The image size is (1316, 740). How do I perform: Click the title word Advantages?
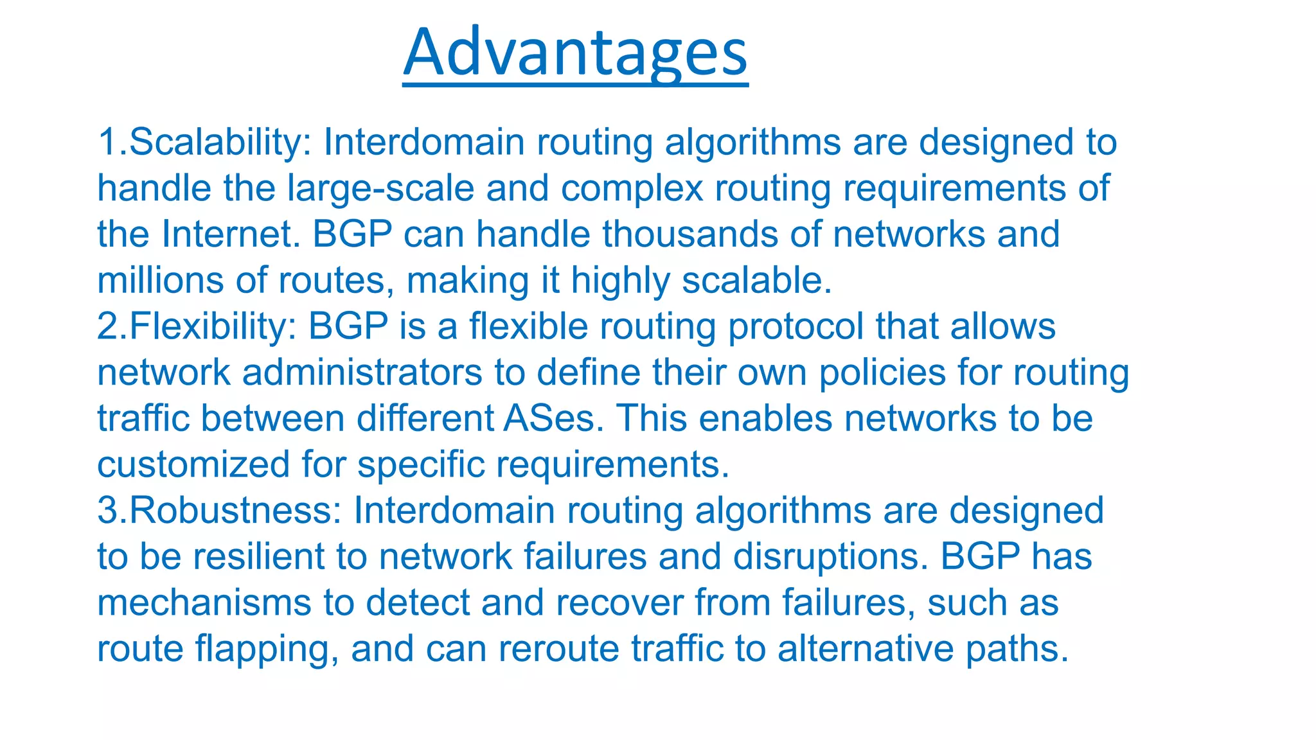pos(575,53)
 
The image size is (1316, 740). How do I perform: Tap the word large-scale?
pos(380,188)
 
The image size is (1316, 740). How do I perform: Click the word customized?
pos(193,464)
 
